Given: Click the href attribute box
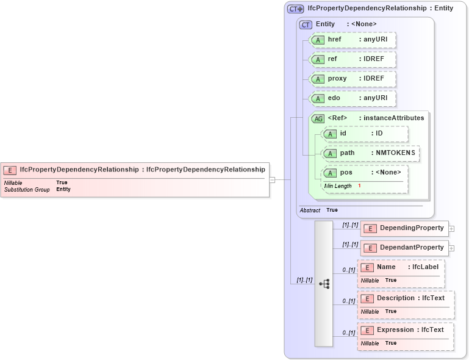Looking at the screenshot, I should (353, 40).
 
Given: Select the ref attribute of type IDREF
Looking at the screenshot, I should (353, 59).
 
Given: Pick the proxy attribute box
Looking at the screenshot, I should (353, 79).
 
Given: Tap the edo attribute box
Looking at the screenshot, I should (353, 98).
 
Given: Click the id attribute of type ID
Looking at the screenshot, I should (364, 134).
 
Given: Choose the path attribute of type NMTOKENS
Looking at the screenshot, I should (370, 153).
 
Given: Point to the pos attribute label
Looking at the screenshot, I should (346, 173).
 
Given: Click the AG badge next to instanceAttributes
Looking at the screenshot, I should (318, 118).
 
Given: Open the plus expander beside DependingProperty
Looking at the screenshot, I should (452, 229).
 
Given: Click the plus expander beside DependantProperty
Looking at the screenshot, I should (452, 248).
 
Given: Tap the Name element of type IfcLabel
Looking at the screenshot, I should (401, 267).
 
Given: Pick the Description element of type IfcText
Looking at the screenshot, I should (405, 298).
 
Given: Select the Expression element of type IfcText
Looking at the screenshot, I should (405, 330).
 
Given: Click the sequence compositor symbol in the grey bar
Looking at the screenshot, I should (324, 284).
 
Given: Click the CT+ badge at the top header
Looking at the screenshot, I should (295, 9).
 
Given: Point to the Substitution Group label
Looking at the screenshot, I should (27, 190).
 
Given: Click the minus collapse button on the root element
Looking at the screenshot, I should (272, 179).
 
